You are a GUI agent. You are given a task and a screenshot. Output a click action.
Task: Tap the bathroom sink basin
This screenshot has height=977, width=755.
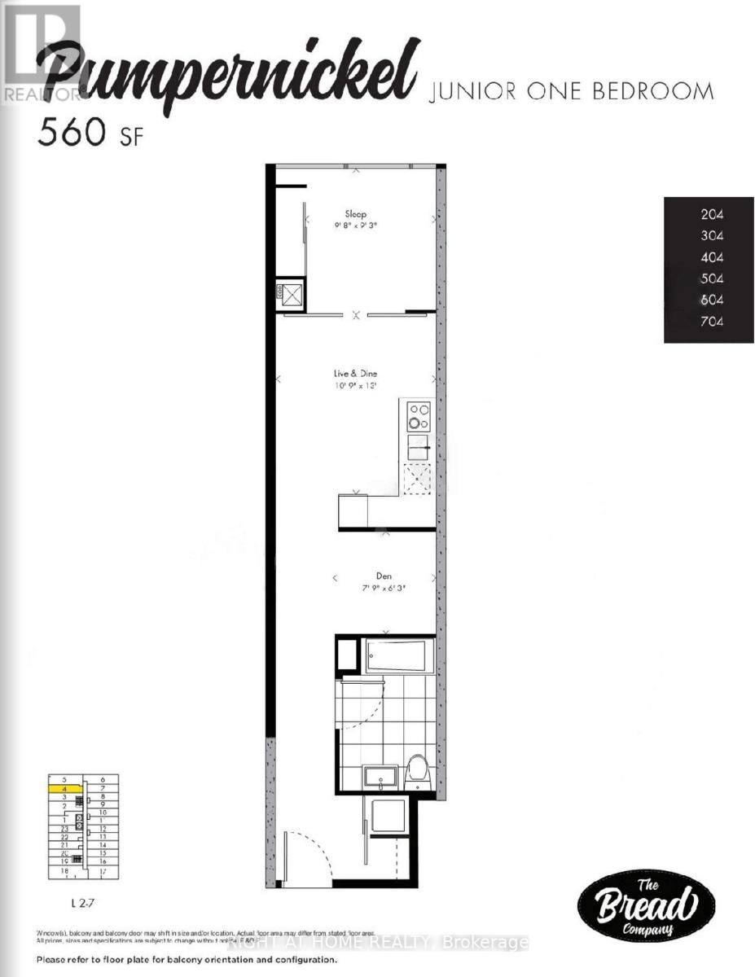(x=381, y=776)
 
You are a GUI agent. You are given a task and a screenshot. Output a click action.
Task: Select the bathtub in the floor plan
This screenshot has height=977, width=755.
(x=395, y=656)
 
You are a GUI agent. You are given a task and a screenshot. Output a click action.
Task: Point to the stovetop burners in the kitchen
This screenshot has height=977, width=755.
(x=419, y=417)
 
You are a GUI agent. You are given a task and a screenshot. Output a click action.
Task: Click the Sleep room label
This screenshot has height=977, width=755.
(x=355, y=214)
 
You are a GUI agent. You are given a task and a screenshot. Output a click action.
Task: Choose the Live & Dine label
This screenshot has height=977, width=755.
(x=355, y=374)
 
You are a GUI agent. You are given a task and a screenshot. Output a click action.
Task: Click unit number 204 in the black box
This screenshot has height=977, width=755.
(x=712, y=216)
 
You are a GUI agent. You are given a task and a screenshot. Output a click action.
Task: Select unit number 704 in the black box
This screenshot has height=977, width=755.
(x=712, y=322)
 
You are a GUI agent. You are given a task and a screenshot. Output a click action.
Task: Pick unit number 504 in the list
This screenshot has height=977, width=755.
(x=712, y=279)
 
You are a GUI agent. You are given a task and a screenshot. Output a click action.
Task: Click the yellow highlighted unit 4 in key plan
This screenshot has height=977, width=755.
(x=64, y=789)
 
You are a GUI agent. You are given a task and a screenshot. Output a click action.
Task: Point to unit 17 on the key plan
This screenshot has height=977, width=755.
(x=103, y=872)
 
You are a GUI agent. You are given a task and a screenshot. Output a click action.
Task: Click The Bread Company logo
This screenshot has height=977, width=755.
(x=646, y=904)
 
